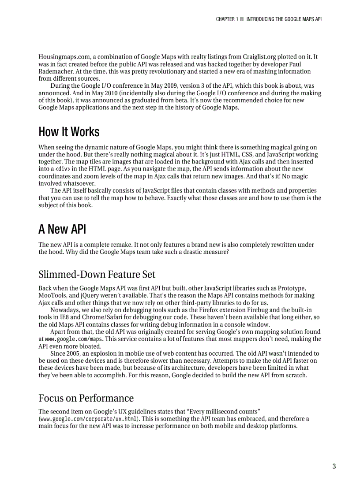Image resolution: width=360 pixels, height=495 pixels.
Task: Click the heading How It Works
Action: pos(69,132)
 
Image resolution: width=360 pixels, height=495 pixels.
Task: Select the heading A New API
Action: pos(62,229)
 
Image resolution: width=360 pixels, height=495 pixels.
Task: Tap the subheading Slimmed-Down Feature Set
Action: pos(97,275)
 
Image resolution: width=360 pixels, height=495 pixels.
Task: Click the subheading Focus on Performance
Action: pos(86,398)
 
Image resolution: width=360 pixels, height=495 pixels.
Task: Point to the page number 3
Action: pos(334,466)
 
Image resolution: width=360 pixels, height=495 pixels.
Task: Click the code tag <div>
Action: pos(62,169)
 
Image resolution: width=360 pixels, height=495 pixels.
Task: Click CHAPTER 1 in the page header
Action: pos(227,19)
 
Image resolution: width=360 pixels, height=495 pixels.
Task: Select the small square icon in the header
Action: pos(242,19)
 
